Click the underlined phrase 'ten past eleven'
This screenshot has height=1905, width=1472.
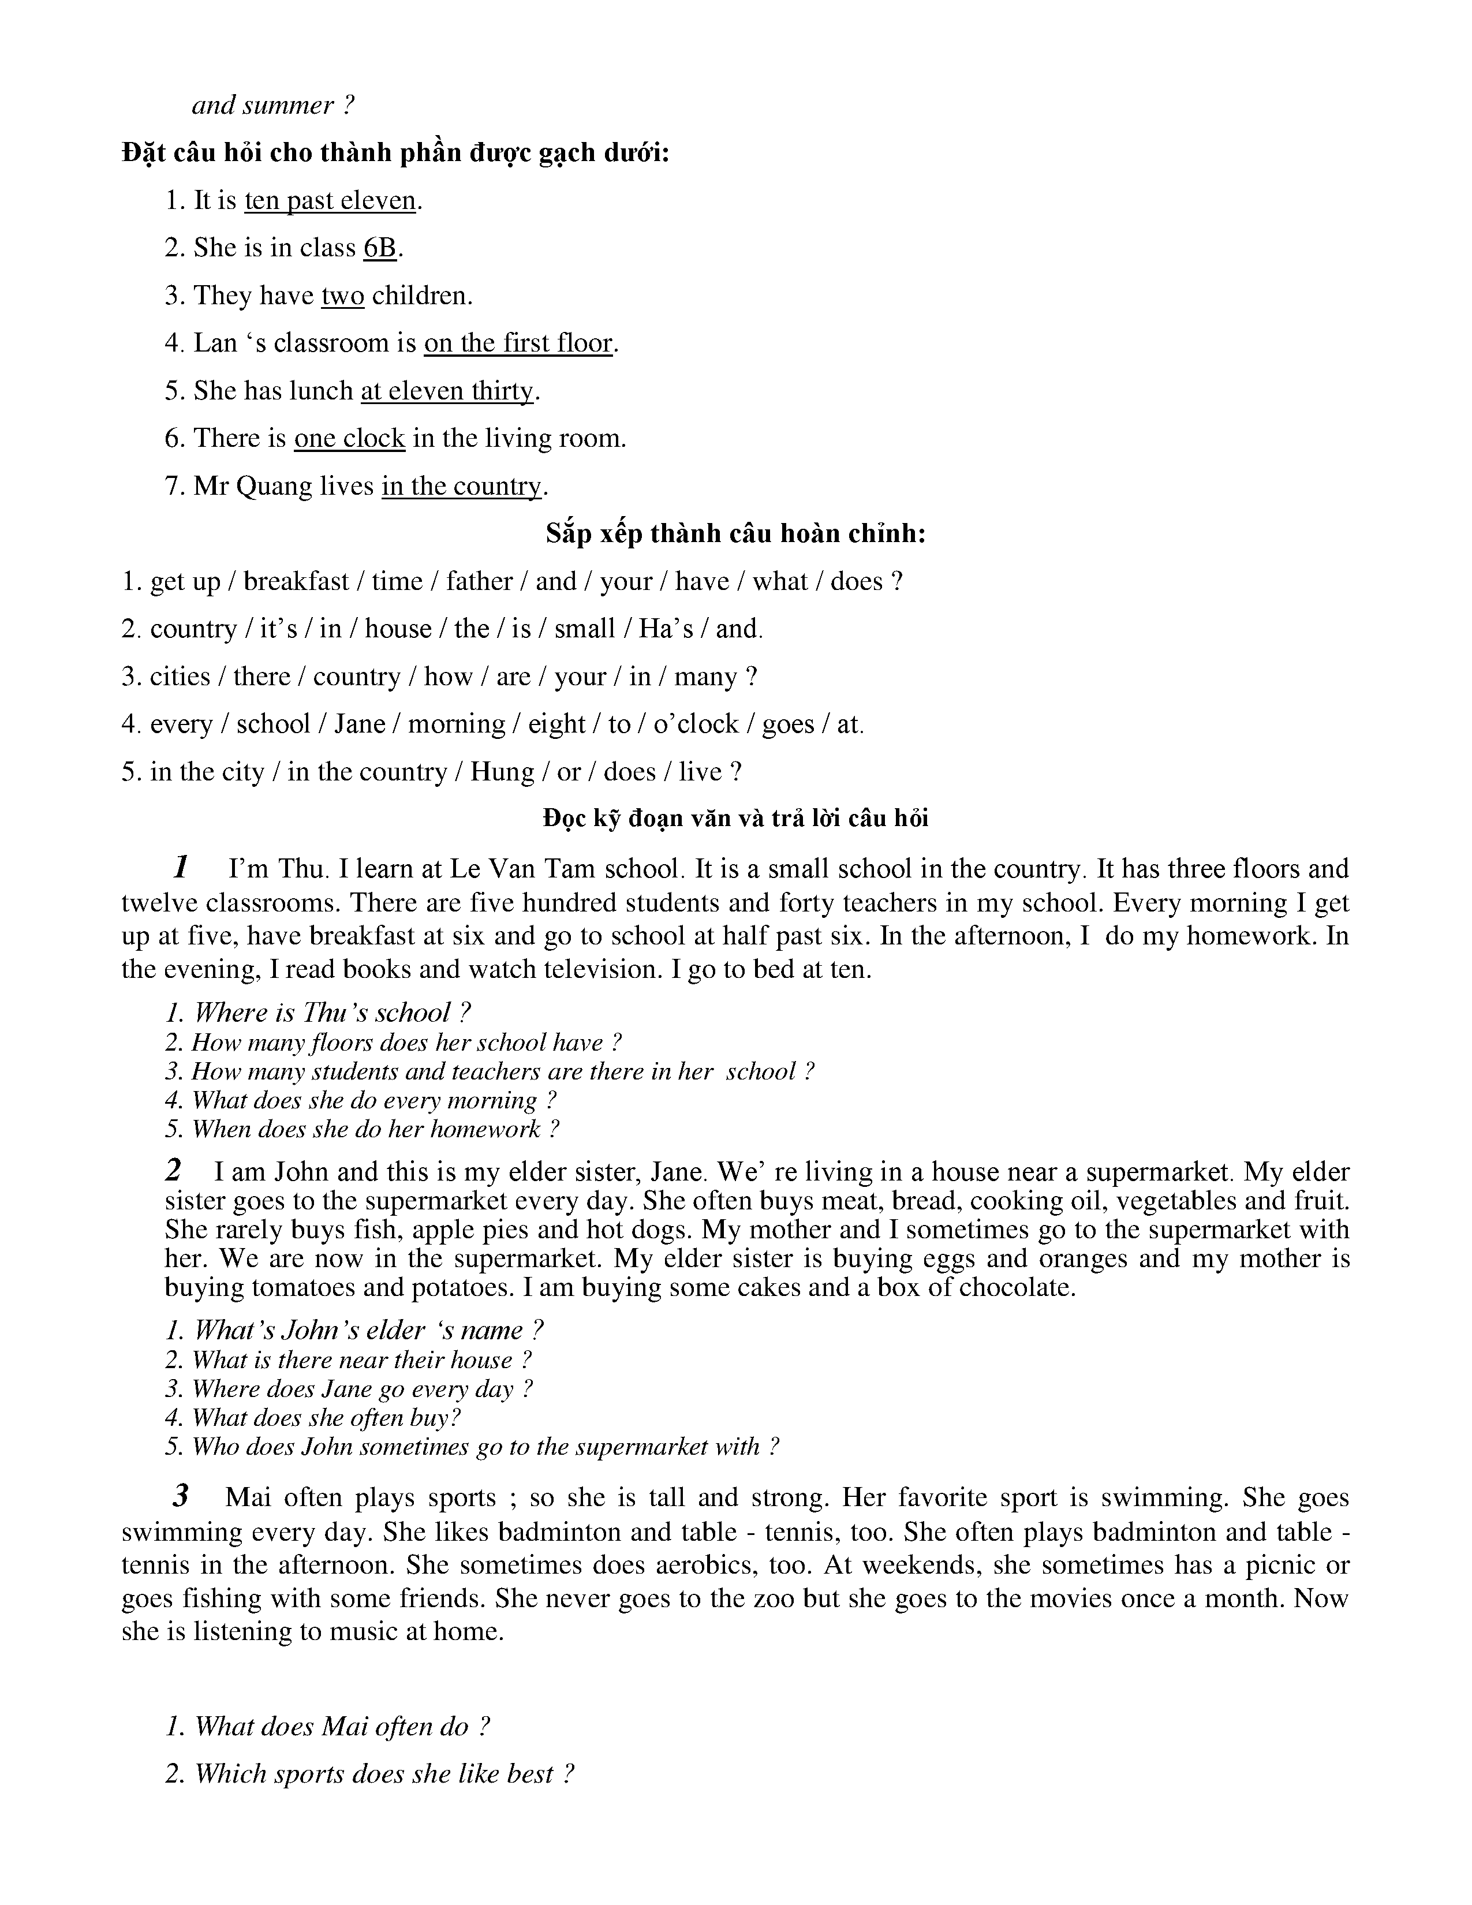click(330, 201)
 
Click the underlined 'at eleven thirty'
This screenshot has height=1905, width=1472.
click(446, 391)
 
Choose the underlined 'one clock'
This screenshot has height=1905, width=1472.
click(350, 438)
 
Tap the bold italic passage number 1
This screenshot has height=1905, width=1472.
click(181, 867)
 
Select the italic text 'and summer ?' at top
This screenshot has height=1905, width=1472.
click(273, 106)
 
